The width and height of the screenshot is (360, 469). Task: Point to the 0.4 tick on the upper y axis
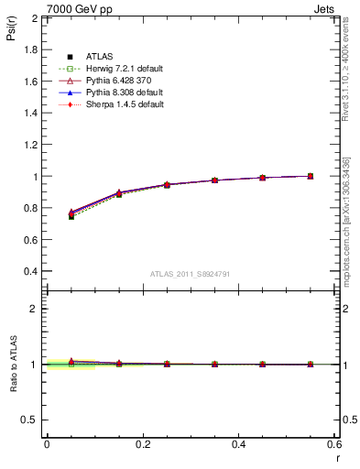(31, 271)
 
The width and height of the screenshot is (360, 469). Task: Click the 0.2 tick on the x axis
(142, 443)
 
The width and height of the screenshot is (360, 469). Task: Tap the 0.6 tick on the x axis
(333, 443)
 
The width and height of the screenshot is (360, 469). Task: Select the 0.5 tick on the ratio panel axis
(31, 420)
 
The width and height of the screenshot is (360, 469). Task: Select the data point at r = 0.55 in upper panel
(311, 176)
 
